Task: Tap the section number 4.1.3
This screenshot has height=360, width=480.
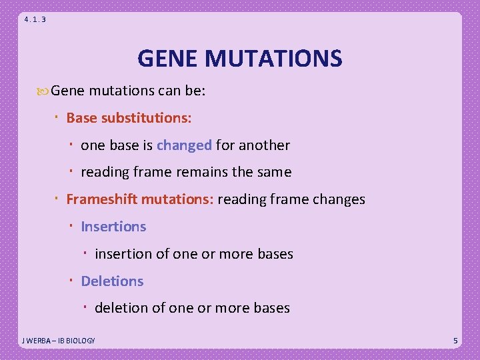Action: click(35, 19)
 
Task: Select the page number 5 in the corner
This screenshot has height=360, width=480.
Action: click(455, 341)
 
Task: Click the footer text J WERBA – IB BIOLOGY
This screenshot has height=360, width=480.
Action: click(59, 341)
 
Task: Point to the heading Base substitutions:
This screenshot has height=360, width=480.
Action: click(129, 118)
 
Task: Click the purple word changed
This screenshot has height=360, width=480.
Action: click(184, 145)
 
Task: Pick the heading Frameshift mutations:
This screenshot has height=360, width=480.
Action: click(139, 199)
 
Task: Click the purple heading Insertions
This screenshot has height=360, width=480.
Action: click(113, 227)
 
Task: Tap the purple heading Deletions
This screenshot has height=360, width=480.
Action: click(112, 281)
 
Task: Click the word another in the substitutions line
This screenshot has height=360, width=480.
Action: click(264, 145)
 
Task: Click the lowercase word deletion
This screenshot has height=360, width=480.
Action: click(121, 308)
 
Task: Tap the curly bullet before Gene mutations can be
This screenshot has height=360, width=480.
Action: click(43, 91)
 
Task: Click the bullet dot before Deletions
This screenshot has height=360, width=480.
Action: click(72, 281)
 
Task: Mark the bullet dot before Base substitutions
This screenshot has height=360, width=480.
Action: click(57, 117)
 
